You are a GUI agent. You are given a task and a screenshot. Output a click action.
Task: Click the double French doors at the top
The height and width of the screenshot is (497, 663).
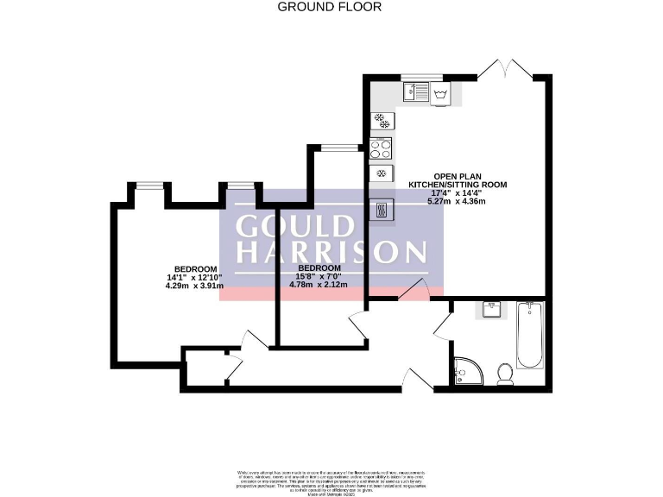click(x=504, y=69)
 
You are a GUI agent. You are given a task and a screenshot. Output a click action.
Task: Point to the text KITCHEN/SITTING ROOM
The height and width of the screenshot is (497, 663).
click(x=457, y=185)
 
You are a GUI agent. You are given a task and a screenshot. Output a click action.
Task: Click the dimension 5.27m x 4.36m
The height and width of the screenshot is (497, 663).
click(x=457, y=202)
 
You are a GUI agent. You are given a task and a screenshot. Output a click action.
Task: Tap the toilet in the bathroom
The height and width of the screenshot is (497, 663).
click(x=506, y=371)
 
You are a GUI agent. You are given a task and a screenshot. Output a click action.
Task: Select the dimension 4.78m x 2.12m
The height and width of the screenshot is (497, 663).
click(x=318, y=285)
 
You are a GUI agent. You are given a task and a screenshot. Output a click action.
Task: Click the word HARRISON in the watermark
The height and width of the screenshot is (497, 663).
click(x=331, y=252)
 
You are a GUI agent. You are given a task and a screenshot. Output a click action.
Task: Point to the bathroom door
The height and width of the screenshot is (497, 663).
click(x=442, y=323)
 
